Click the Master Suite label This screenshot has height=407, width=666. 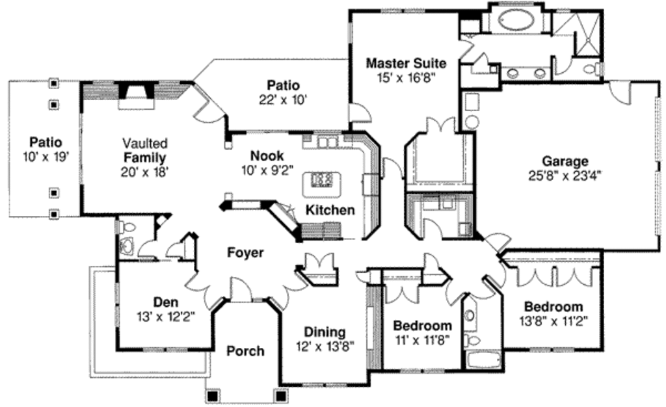(x=406, y=63)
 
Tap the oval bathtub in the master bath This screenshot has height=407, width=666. (x=518, y=21)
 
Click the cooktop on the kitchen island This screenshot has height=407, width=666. (x=322, y=179)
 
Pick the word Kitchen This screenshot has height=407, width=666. (x=330, y=210)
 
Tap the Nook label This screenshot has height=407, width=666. (x=266, y=156)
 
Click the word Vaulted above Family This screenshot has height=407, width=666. (x=145, y=143)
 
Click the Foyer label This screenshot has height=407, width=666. (x=245, y=252)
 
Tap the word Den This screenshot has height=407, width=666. (x=165, y=302)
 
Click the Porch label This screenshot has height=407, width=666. (x=245, y=351)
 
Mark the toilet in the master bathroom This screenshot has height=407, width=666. (x=591, y=68)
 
